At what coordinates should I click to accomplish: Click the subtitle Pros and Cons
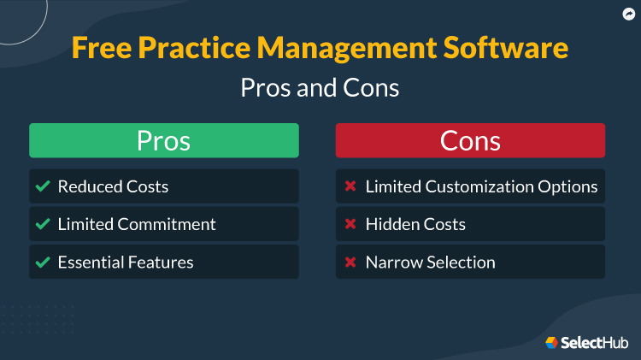tap(320, 87)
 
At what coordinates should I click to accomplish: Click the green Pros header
tap(164, 140)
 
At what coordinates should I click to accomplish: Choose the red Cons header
tap(470, 140)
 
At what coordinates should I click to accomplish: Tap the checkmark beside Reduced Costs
tap(43, 186)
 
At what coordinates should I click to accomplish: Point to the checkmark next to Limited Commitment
tap(43, 224)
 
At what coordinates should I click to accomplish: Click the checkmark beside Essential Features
tap(43, 263)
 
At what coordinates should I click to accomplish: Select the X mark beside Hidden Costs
tap(350, 224)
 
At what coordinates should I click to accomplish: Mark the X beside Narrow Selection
tap(350, 263)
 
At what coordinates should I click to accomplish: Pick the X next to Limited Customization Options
tap(350, 186)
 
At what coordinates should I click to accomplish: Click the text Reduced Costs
tap(113, 186)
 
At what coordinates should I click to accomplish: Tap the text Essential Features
tap(126, 263)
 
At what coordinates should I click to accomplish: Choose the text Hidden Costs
tap(415, 224)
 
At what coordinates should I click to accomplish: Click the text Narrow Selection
tap(430, 263)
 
